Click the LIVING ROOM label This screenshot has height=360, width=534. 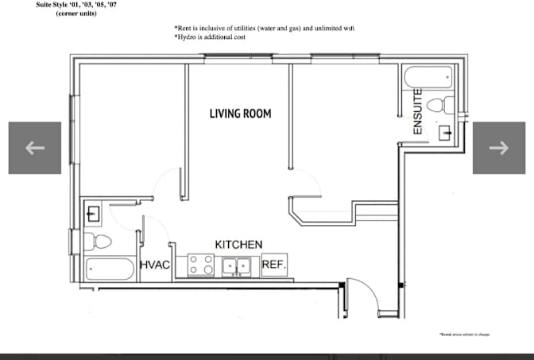coord(240,114)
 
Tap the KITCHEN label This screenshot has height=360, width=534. coord(238,245)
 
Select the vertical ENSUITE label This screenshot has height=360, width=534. coord(416,111)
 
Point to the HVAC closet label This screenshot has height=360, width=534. coord(155,265)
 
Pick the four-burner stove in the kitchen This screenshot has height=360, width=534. coord(201,265)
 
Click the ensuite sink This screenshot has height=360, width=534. coord(446,131)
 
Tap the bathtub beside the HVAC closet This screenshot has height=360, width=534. coord(110,269)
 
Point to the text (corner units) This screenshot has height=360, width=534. coord(76,14)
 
